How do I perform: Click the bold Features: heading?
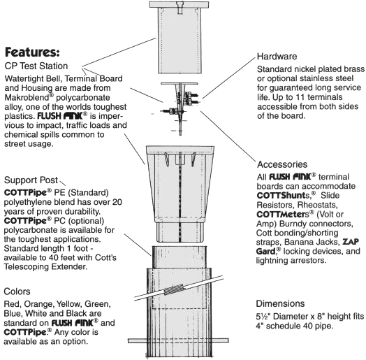pyautogui.click(x=32, y=52)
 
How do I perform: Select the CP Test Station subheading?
pyautogui.click(x=36, y=66)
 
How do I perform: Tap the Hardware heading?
pyautogui.click(x=277, y=57)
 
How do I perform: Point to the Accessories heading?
pyautogui.click(x=282, y=164)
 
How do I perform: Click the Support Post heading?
pyautogui.click(x=31, y=180)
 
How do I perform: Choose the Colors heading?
pyautogui.click(x=17, y=291)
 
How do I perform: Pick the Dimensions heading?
pyautogui.click(x=280, y=303)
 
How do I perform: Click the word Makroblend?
pyautogui.click(x=27, y=97)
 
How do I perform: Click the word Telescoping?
pyautogui.click(x=27, y=267)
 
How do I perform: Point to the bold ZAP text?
pyautogui.click(x=351, y=242)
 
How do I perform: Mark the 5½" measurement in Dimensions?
pyautogui.click(x=263, y=317)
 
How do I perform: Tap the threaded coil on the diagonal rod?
pyautogui.click(x=173, y=289)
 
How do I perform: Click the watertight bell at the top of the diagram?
pyautogui.click(x=179, y=37)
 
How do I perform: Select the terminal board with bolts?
pyautogui.click(x=180, y=108)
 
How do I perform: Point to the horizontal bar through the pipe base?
pyautogui.click(x=178, y=341)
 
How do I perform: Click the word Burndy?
pyautogui.click(x=292, y=224)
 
